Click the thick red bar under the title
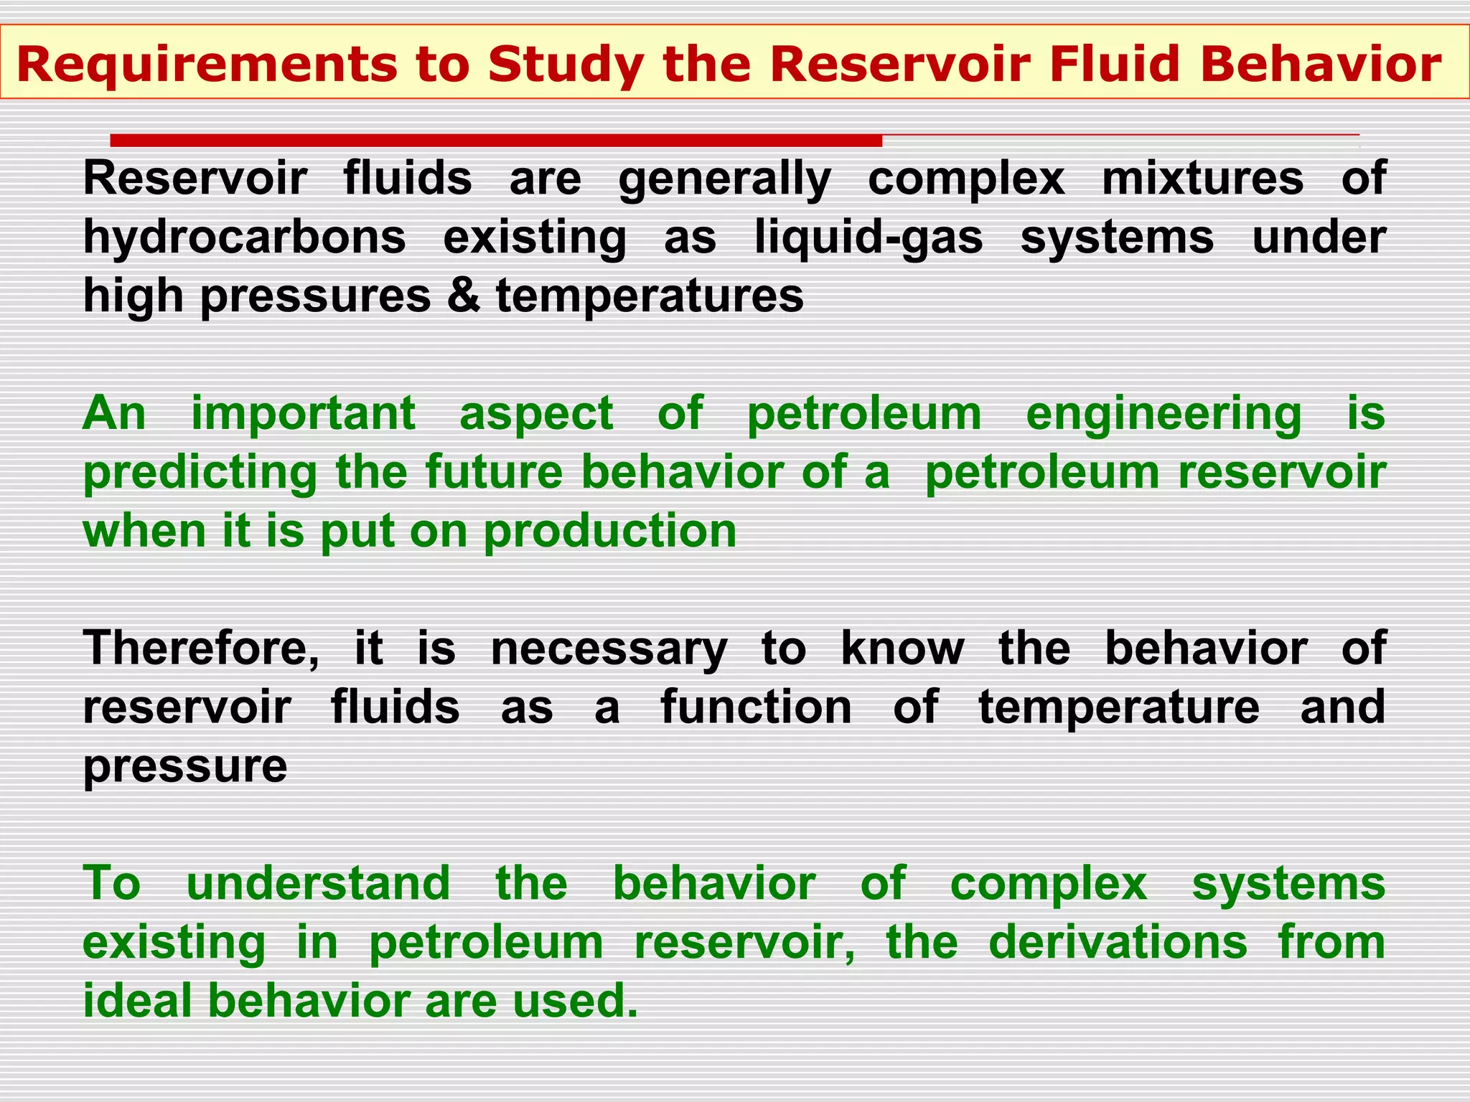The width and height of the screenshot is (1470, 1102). (495, 140)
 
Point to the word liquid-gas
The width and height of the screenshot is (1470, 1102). (868, 238)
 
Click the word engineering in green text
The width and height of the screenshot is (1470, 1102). (1163, 415)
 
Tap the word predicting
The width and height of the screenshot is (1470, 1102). (200, 474)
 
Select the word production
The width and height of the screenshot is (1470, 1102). (610, 532)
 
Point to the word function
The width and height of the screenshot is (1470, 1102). (756, 707)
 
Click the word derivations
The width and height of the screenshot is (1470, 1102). (1118, 942)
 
